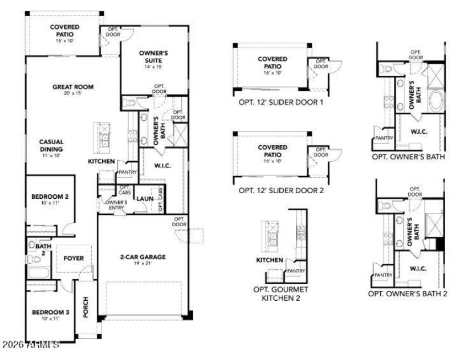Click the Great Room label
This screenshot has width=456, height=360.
(x=72, y=87)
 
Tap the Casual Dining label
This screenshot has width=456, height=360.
(x=51, y=145)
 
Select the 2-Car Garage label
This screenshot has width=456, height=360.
(x=142, y=257)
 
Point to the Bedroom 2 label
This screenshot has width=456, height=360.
(x=50, y=197)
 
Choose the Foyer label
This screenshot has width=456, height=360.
(x=74, y=258)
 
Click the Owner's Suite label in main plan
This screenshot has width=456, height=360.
(x=153, y=56)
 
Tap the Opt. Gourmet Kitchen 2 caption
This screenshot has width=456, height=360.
(x=280, y=293)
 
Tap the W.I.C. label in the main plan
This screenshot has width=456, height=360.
(x=162, y=166)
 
